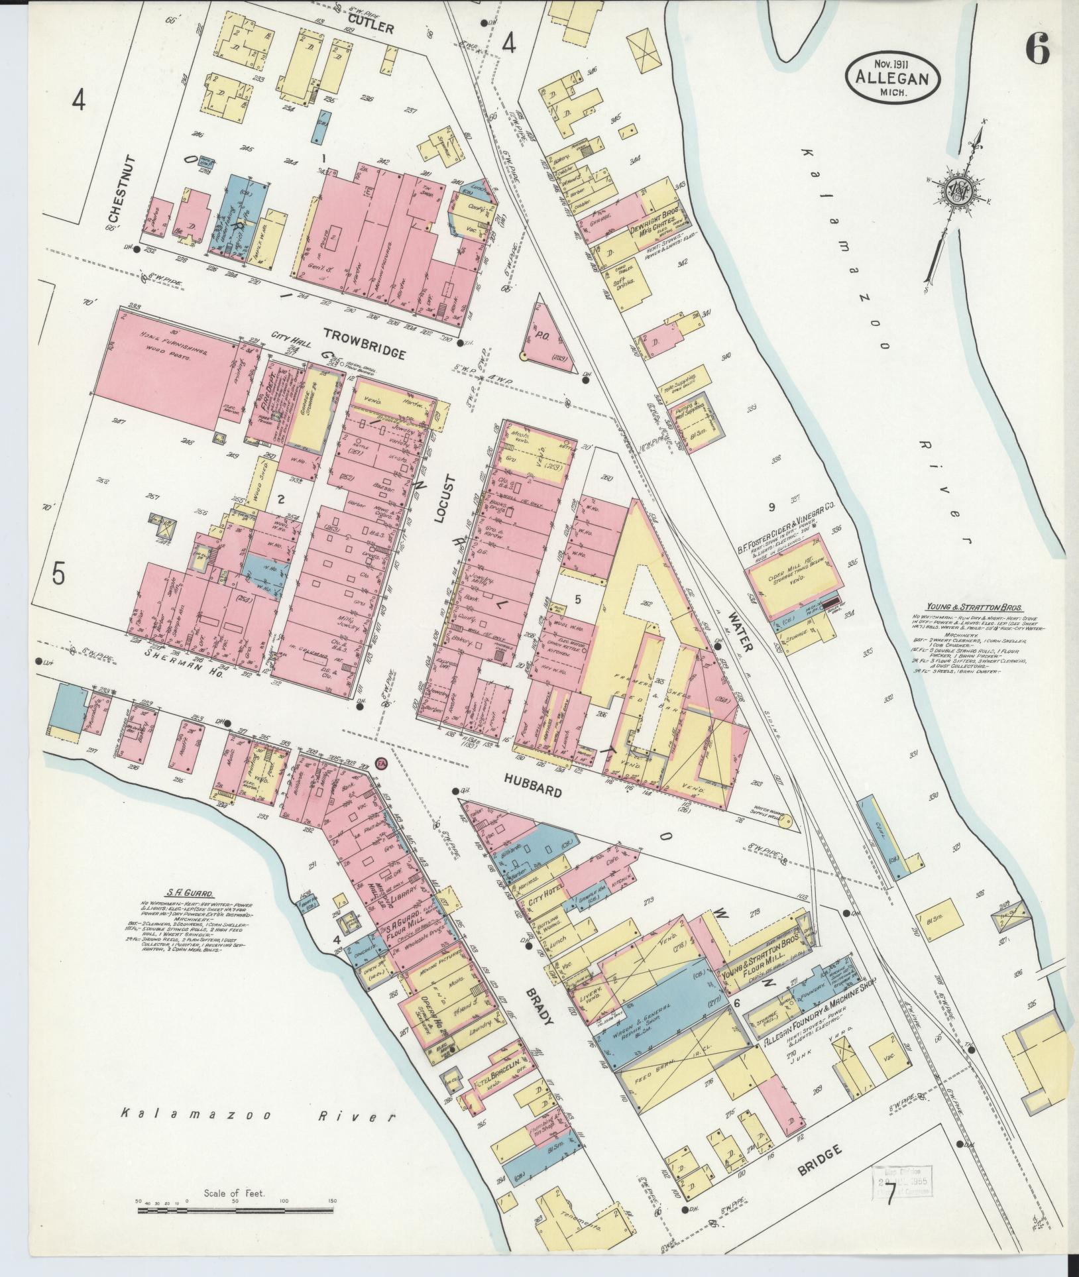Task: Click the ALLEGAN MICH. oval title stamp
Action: [x=892, y=78]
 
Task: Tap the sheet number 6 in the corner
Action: [x=1037, y=50]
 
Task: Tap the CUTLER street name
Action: [x=370, y=27]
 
